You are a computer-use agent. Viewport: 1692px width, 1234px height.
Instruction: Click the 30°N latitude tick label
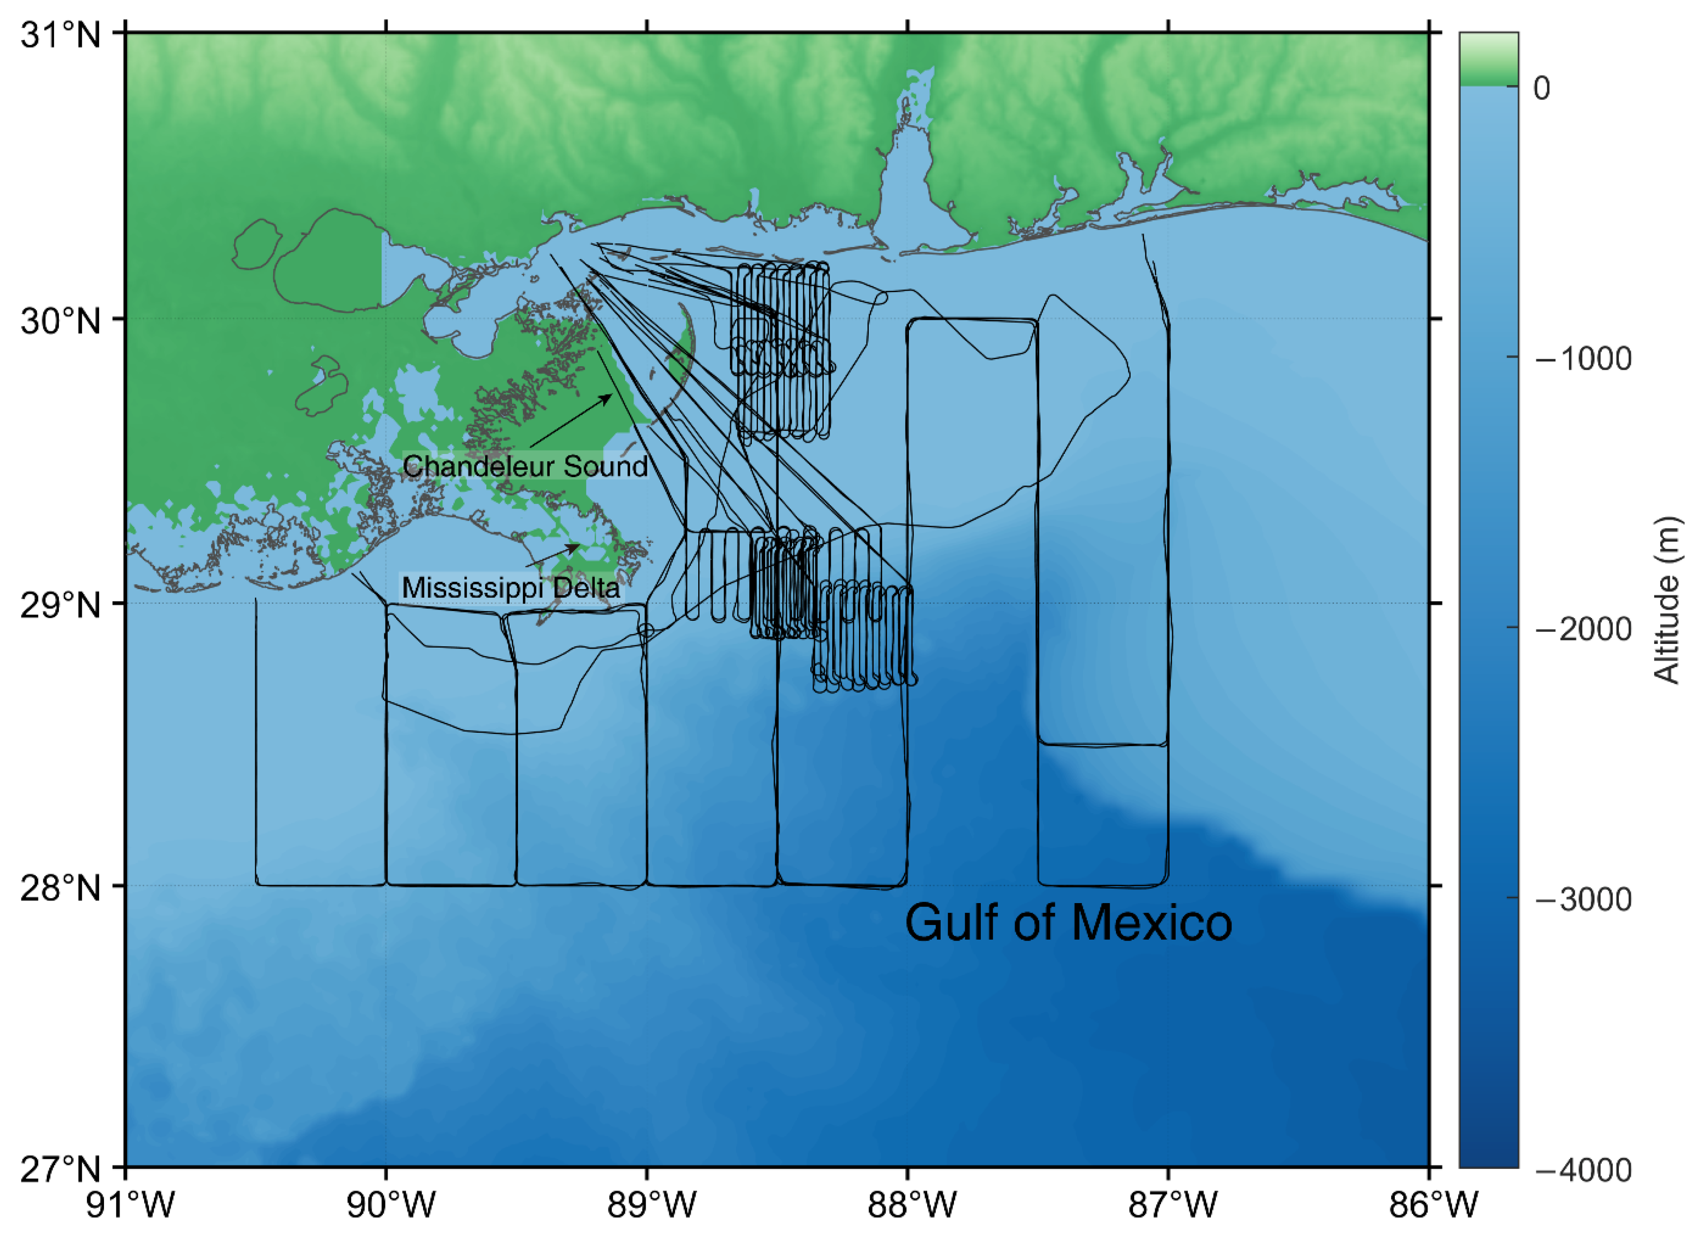point(60,321)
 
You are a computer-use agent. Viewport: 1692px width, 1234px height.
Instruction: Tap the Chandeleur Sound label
point(525,466)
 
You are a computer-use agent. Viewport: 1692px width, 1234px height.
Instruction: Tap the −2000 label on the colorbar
point(1583,629)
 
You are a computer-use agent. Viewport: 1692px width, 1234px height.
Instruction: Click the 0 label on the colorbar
point(1541,88)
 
